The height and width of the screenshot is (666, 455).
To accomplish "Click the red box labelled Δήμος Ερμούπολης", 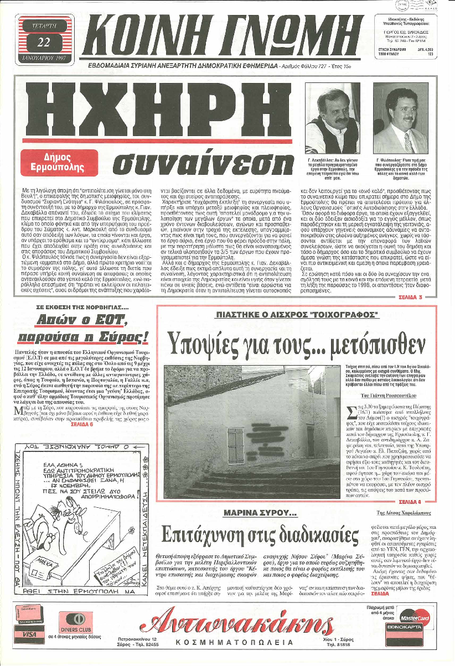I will coord(58,161).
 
